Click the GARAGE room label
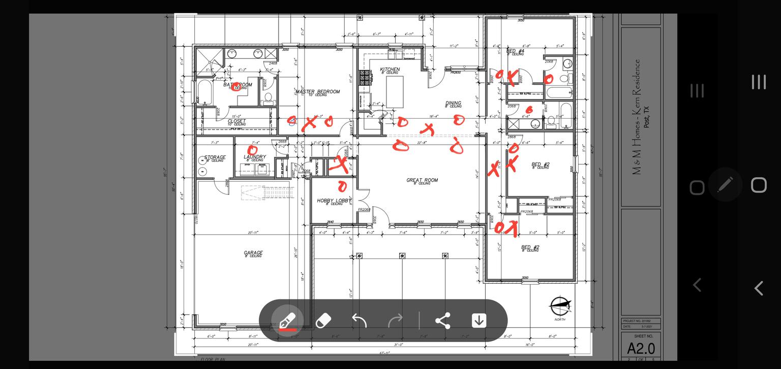[x=253, y=253]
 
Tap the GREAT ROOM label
[x=422, y=180]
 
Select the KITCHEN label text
[x=390, y=70]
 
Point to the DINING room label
[x=453, y=104]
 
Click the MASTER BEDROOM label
[x=318, y=92]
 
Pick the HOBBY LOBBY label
[x=334, y=201]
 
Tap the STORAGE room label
[x=215, y=158]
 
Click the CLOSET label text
[x=236, y=121]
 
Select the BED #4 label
[x=515, y=51]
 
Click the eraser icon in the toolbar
[x=323, y=321]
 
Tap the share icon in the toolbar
[x=443, y=321]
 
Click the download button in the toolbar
[x=479, y=321]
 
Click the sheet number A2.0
[x=641, y=349]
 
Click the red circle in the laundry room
[x=252, y=150]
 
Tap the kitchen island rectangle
[x=398, y=90]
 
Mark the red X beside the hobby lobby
[x=339, y=164]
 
